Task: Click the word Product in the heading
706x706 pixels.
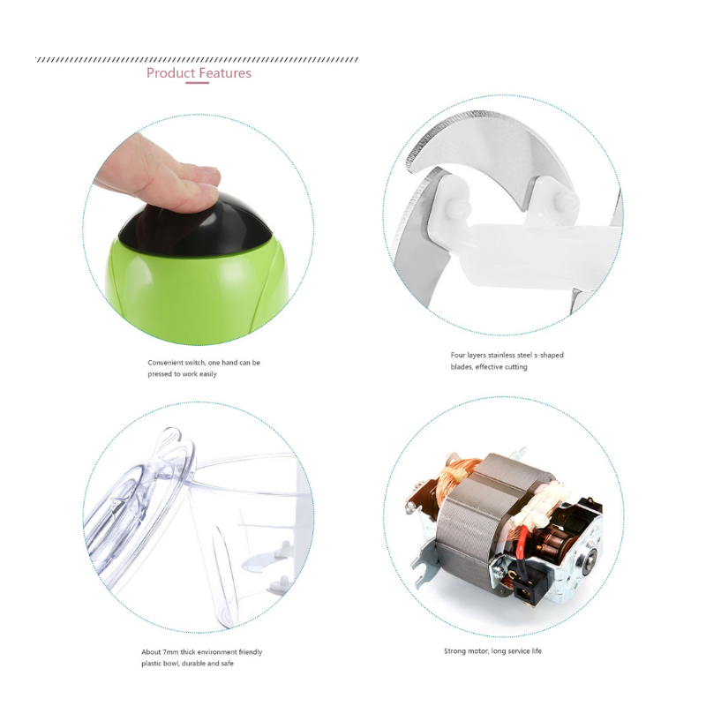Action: (171, 73)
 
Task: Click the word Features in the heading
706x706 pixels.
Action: (225, 73)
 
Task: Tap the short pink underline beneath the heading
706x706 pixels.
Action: (197, 83)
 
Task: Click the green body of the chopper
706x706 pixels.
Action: (196, 293)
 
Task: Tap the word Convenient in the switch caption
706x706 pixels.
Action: (166, 363)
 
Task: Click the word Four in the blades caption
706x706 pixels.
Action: (457, 355)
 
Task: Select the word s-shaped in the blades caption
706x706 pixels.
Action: (549, 356)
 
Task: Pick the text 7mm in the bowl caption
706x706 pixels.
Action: (170, 652)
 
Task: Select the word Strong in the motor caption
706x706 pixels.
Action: (454, 651)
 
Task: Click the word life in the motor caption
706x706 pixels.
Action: (537, 650)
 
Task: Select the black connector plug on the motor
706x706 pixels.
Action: (527, 588)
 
